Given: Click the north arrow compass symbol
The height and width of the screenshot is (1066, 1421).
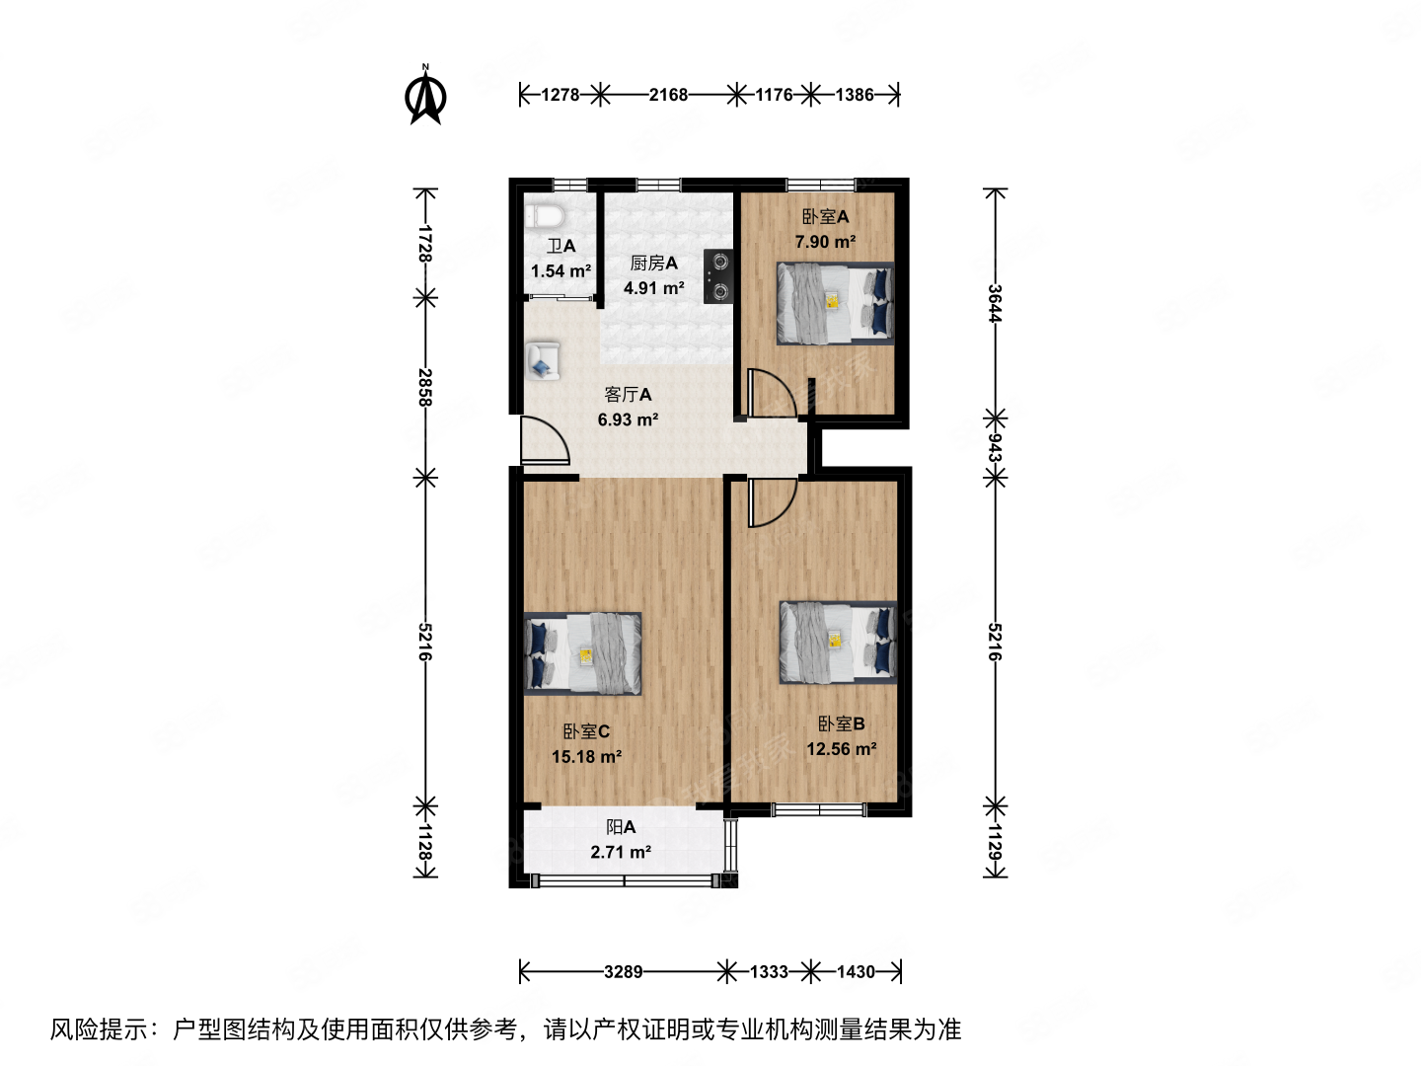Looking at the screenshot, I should [x=426, y=97].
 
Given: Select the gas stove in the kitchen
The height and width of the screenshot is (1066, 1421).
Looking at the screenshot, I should [x=718, y=276].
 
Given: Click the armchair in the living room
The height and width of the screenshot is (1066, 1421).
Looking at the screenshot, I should [x=542, y=361].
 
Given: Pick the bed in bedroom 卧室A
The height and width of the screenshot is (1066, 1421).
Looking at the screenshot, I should [x=835, y=303].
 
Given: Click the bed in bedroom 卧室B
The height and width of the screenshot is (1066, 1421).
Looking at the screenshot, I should [x=839, y=642].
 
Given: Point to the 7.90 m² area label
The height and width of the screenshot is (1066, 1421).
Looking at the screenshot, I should [x=825, y=242].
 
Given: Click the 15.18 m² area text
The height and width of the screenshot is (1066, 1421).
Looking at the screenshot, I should [x=586, y=757].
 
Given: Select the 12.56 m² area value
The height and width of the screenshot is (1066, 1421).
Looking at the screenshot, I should [x=841, y=749].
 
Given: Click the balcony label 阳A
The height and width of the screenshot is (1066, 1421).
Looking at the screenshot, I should [x=621, y=827].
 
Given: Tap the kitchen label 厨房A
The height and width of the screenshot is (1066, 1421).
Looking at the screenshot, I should [x=653, y=263].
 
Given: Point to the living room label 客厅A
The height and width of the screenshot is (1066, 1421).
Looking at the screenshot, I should [x=628, y=395].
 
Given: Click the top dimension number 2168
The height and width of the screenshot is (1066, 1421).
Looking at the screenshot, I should [x=668, y=95].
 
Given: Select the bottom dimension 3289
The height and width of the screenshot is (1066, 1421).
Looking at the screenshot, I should [x=623, y=972].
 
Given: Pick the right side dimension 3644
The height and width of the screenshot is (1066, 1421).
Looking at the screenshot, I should [x=995, y=303].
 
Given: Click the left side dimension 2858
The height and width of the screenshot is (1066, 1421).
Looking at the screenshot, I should [x=424, y=387].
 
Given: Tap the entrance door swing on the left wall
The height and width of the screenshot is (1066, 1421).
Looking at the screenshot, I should [x=543, y=440].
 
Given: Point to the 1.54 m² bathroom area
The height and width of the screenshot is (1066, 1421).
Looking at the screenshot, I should [x=561, y=271].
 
